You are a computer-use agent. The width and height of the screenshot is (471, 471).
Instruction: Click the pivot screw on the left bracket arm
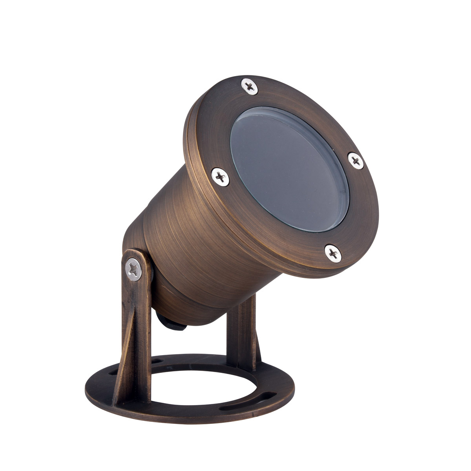coord(134,270)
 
